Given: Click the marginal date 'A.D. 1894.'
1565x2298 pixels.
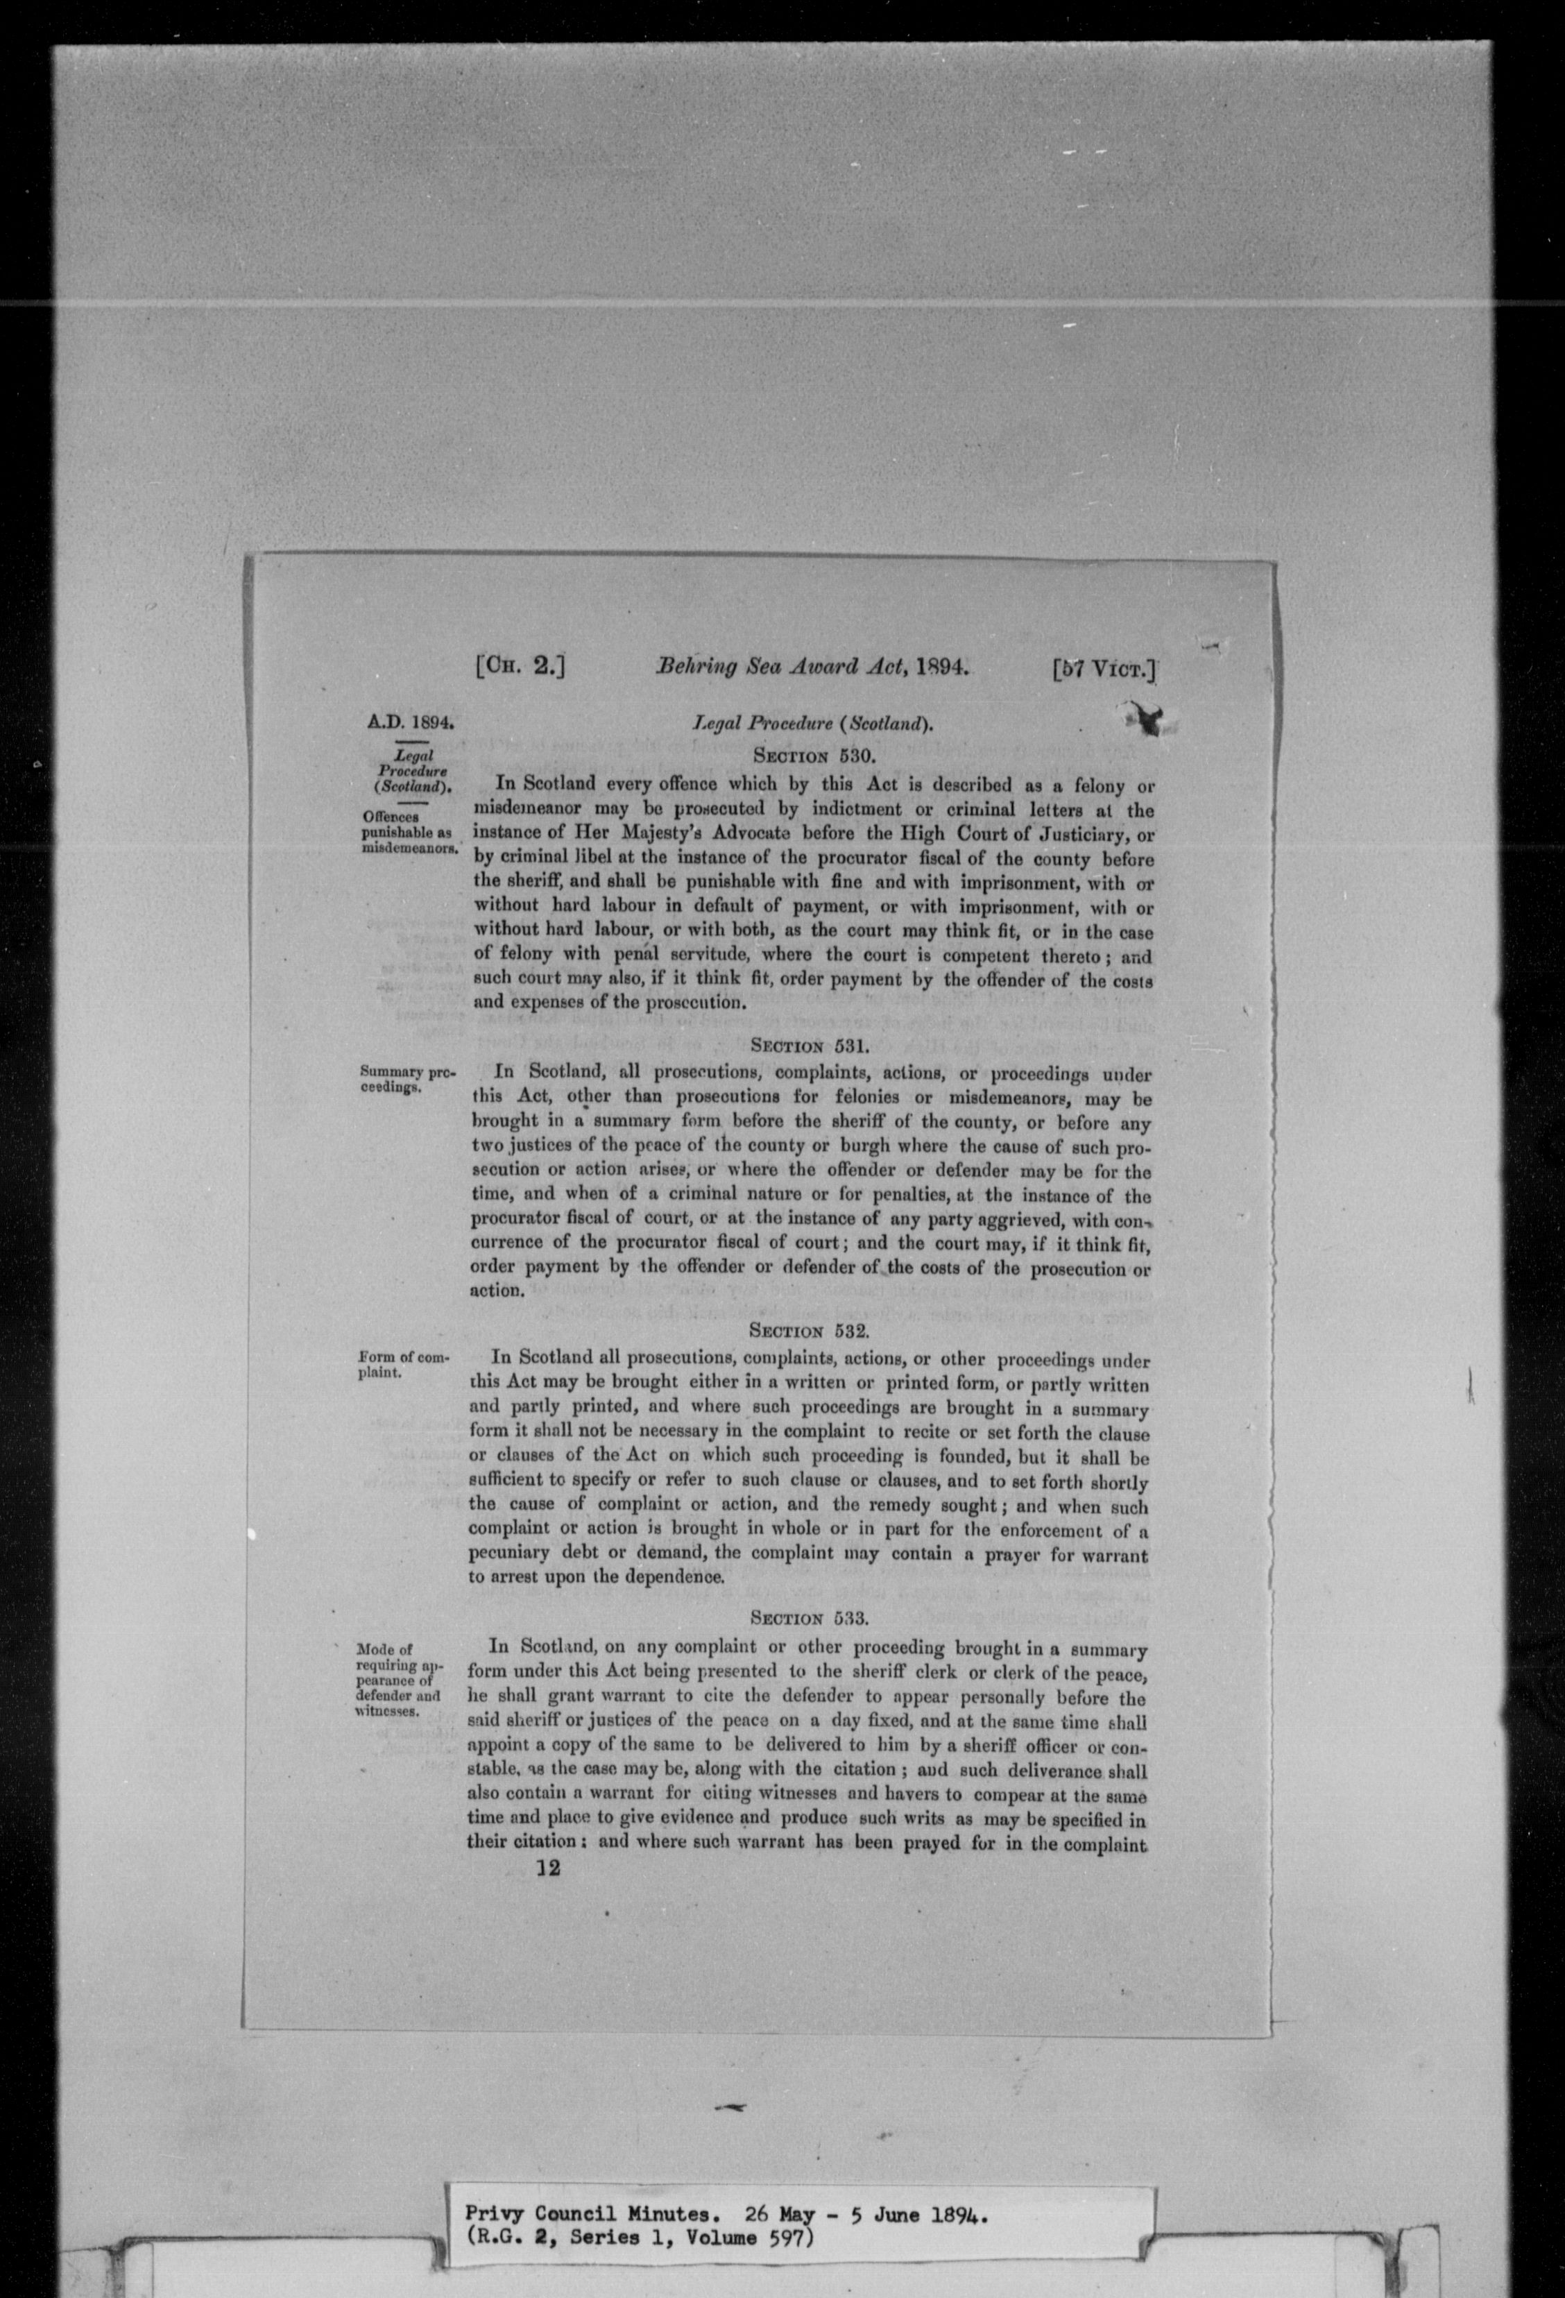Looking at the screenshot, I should pyautogui.click(x=412, y=722).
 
